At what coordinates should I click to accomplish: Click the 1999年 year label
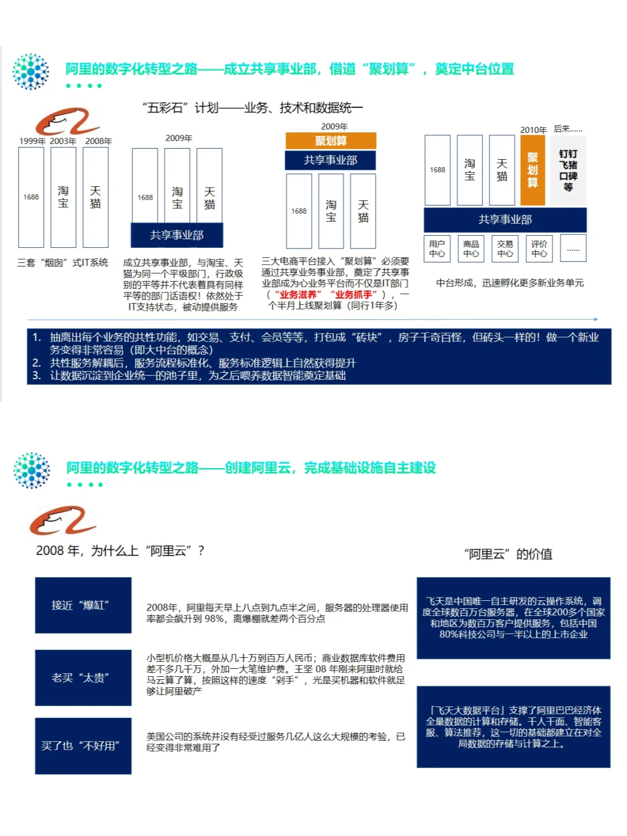[32, 141]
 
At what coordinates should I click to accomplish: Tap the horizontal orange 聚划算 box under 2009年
[331, 141]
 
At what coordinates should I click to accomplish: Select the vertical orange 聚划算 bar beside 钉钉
[532, 170]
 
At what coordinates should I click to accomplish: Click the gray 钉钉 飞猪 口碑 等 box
[568, 170]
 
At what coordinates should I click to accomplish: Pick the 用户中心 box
[437, 248]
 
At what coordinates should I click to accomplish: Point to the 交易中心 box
[505, 248]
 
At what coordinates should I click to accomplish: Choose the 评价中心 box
[539, 248]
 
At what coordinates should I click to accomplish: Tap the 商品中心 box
[471, 248]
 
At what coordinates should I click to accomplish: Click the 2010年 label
[533, 130]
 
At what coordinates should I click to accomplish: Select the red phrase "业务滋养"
[298, 294]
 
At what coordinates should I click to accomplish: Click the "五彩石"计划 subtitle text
[253, 108]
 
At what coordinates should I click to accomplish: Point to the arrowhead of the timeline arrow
[596, 319]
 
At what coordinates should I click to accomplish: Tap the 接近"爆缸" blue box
[83, 605]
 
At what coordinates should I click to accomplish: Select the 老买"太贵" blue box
[83, 678]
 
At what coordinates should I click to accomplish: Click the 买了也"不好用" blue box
[83, 746]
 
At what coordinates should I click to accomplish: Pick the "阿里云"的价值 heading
[508, 554]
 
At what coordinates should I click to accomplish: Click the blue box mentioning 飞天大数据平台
[513, 727]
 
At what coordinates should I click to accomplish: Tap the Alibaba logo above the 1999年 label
[67, 121]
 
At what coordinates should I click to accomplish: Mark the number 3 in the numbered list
[37, 376]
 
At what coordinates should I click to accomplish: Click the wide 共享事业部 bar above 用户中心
[505, 219]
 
